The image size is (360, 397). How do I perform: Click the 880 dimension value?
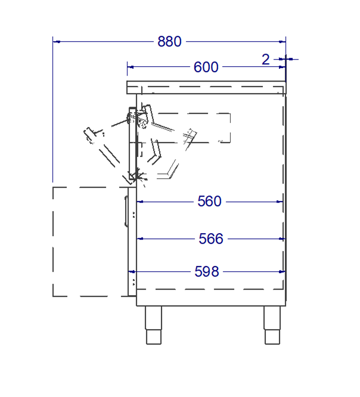(169, 41)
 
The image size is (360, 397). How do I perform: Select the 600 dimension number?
(206, 67)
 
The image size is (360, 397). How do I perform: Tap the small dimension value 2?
(265, 60)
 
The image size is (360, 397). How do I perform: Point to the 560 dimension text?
(209, 201)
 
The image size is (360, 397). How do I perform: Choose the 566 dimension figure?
(211, 239)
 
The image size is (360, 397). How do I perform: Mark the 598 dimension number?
(207, 271)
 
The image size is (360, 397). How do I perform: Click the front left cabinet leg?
(153, 325)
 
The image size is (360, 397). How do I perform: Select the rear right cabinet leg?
(272, 325)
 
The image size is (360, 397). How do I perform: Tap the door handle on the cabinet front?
(126, 211)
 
